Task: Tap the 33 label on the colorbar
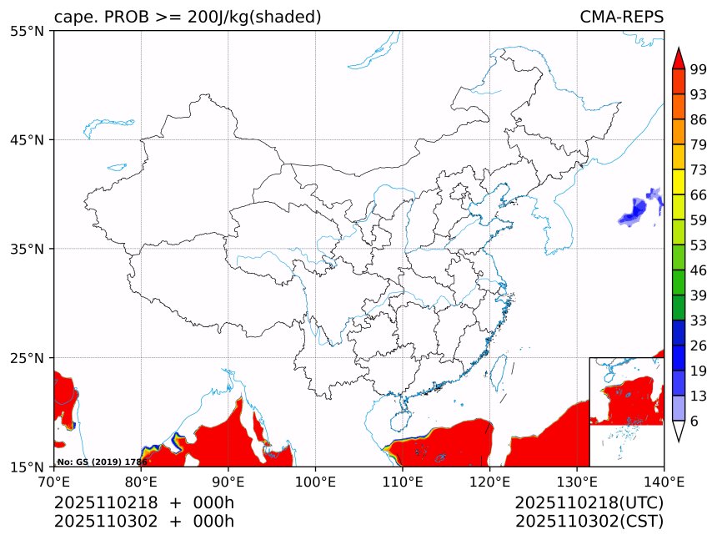(x=699, y=320)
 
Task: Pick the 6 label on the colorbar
(x=694, y=421)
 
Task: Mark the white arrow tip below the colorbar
(x=678, y=431)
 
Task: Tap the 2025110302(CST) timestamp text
(x=589, y=522)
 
